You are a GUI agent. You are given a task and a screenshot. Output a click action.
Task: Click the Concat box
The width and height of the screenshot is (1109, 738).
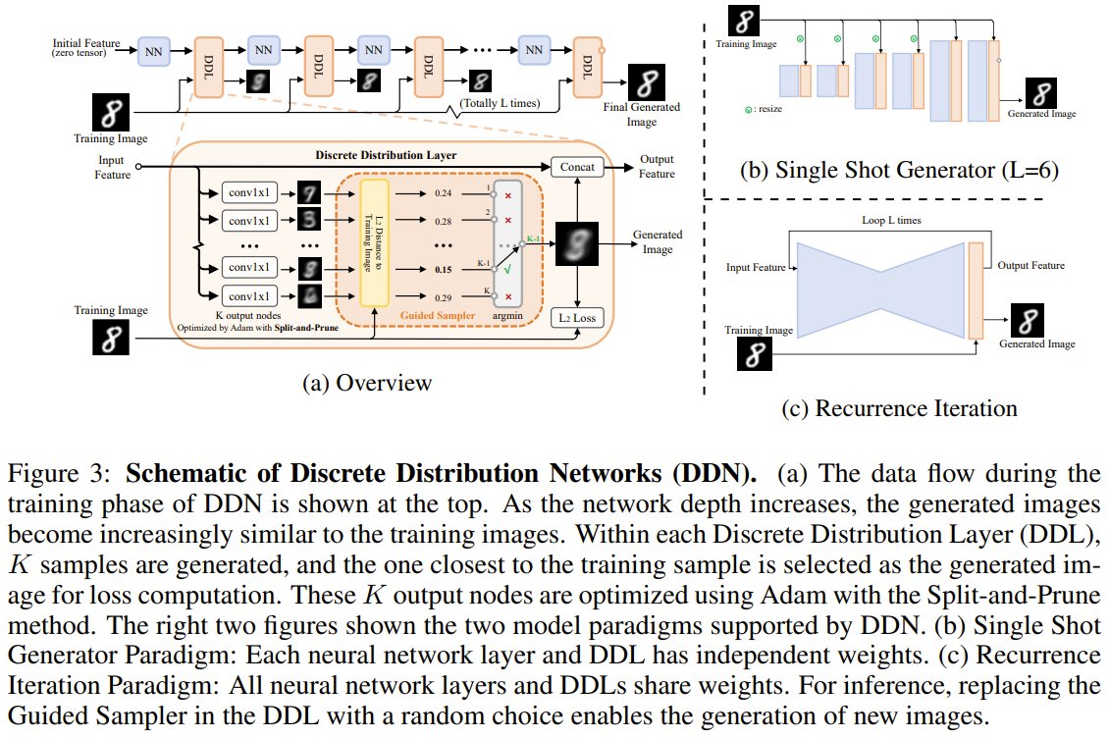(578, 168)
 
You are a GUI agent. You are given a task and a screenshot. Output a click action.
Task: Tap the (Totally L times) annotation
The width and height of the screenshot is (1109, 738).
(500, 102)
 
